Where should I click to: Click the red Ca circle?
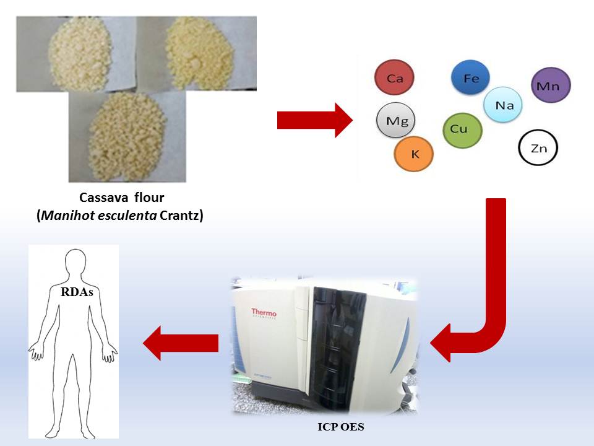point(394,78)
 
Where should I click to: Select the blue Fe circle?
point(471,79)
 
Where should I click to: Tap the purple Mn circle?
point(551,85)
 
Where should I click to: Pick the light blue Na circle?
point(502,105)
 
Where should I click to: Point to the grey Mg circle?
point(397,121)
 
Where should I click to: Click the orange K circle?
point(415,153)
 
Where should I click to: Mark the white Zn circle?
point(538,148)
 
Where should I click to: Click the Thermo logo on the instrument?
point(264,314)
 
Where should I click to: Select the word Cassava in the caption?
point(102,198)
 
